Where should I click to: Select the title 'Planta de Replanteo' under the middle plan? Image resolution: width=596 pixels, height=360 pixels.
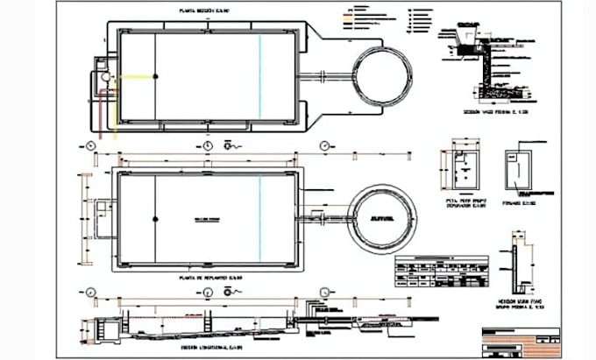pos(209,278)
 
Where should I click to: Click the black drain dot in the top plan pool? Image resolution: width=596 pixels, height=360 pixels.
pos(155,77)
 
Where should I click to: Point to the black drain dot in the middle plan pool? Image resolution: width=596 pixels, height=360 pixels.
pos(155,217)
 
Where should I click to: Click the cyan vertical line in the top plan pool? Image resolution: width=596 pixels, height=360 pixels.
pos(260,77)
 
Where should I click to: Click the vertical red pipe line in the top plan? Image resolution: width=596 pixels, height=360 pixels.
pos(110,109)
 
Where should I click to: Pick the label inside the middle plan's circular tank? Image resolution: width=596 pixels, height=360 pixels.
pos(381,216)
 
